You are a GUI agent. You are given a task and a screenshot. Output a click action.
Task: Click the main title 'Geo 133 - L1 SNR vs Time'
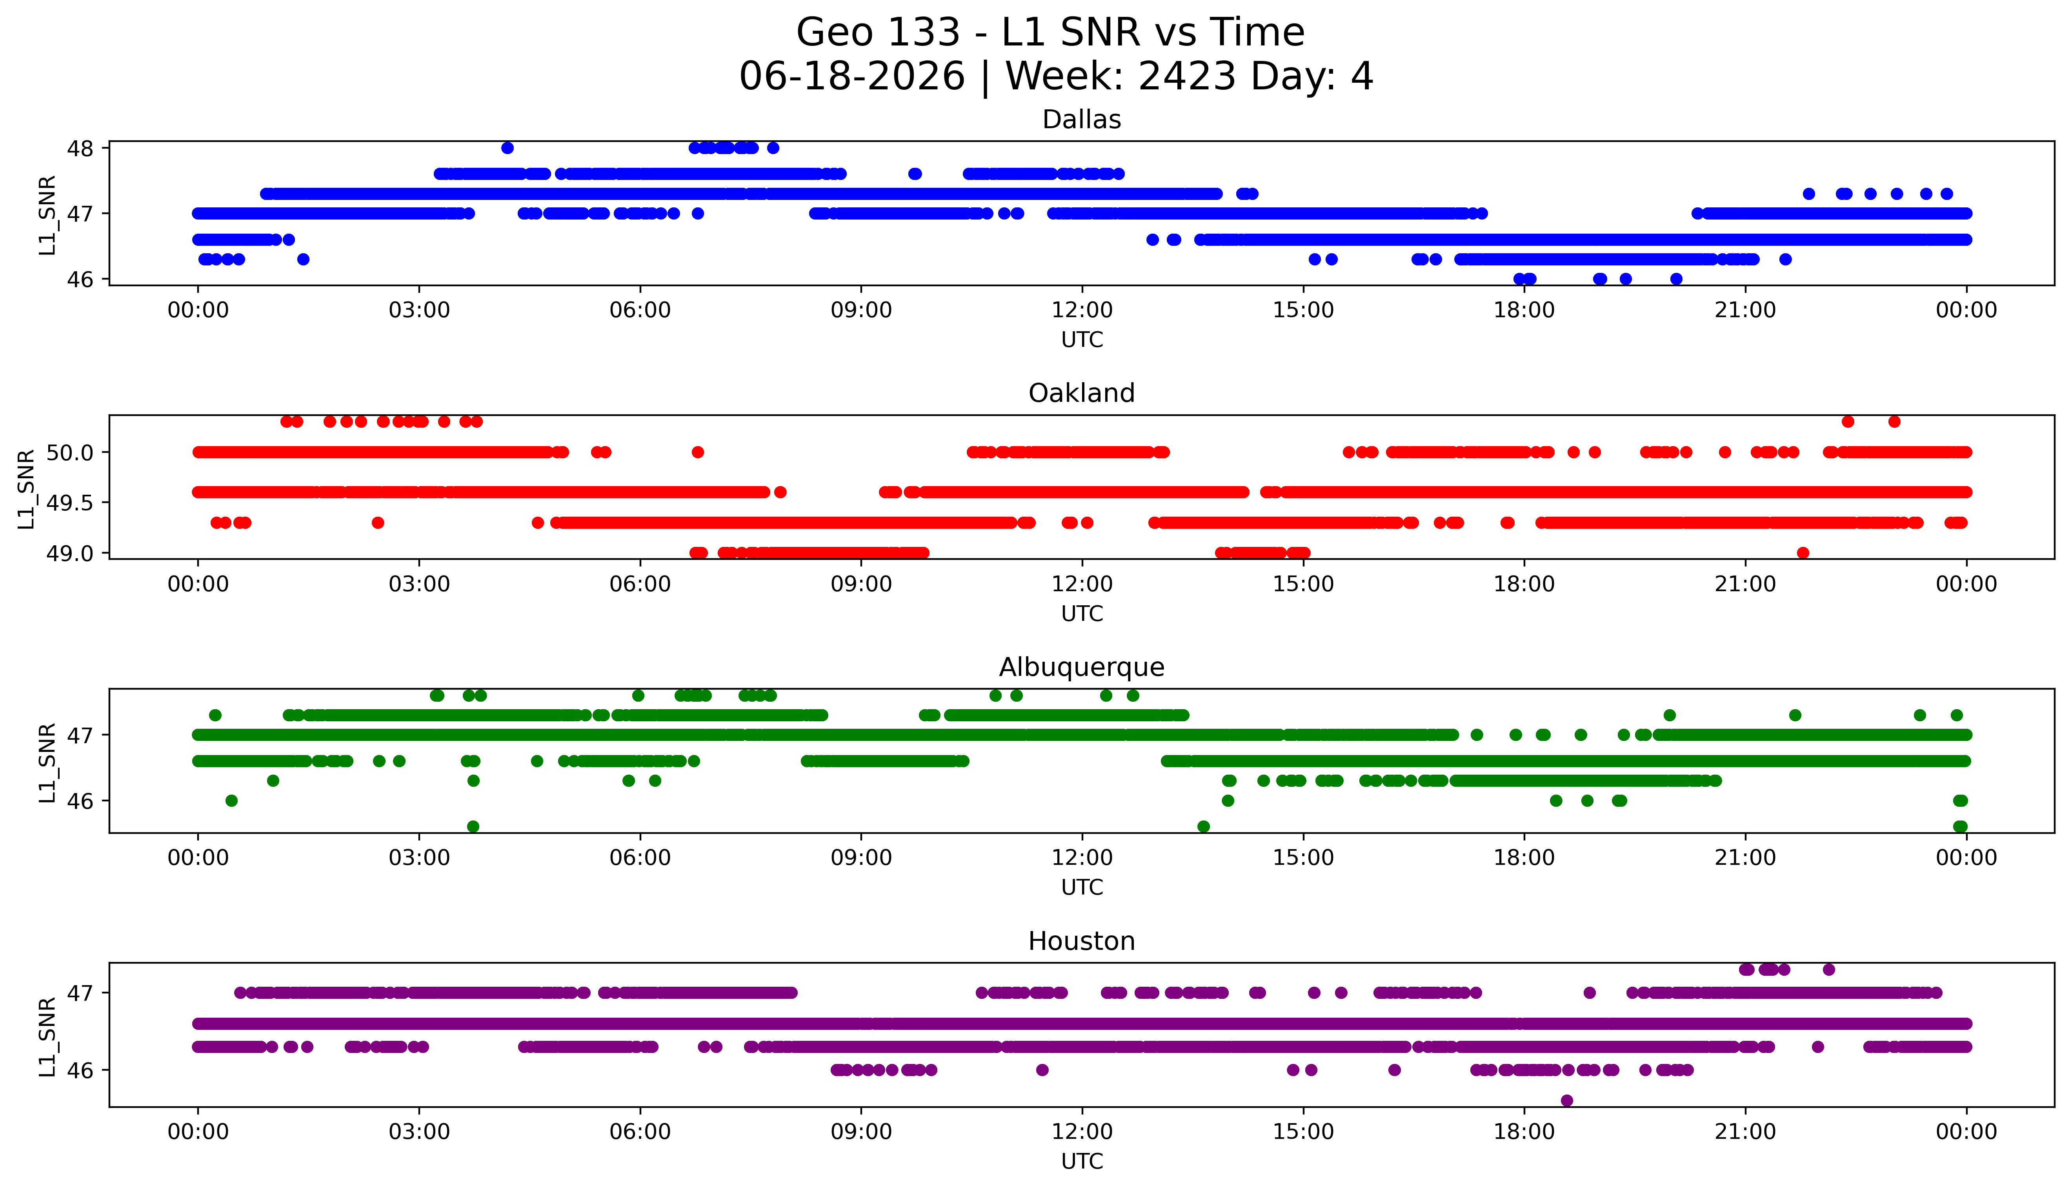click(1051, 33)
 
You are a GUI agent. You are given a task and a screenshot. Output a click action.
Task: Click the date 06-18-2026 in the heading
click(852, 77)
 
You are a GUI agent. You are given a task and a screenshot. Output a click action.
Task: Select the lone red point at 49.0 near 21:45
click(1803, 553)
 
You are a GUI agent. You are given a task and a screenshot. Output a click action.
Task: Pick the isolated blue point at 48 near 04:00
click(507, 148)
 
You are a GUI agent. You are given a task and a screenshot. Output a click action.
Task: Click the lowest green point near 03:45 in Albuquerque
click(473, 826)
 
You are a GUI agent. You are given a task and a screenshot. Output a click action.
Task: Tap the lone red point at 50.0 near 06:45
click(698, 452)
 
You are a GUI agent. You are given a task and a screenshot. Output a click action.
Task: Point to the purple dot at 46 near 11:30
click(1042, 1070)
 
